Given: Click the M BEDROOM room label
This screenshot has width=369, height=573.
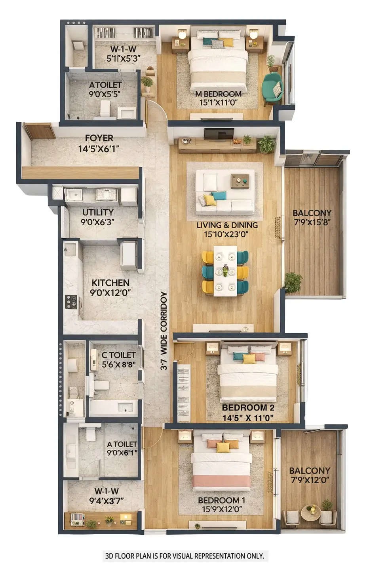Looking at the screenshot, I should click(218, 94).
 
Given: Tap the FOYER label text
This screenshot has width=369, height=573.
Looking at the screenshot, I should click(99, 138).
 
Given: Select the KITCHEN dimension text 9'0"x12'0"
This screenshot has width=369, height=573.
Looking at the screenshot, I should click(110, 293).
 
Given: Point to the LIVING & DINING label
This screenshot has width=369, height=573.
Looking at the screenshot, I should click(227, 225).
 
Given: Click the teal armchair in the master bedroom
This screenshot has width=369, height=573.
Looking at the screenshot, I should click(272, 88).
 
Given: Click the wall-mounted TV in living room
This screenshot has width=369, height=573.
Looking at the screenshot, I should click(219, 134).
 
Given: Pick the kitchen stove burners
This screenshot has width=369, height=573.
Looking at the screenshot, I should click(71, 302).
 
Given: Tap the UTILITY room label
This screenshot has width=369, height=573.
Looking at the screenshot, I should click(98, 213).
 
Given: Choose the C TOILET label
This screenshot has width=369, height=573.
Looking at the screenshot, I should click(118, 355).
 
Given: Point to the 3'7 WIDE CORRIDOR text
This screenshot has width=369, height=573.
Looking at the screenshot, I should click(164, 331).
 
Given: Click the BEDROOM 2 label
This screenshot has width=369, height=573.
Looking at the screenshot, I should click(248, 408).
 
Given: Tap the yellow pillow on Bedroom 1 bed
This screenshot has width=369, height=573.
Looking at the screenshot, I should click(223, 447).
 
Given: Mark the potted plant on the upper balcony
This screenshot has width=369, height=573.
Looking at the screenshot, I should click(293, 282).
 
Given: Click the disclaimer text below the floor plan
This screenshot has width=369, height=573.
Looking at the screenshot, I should click(184, 556).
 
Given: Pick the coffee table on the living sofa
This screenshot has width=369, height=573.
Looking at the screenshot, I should click(240, 181).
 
